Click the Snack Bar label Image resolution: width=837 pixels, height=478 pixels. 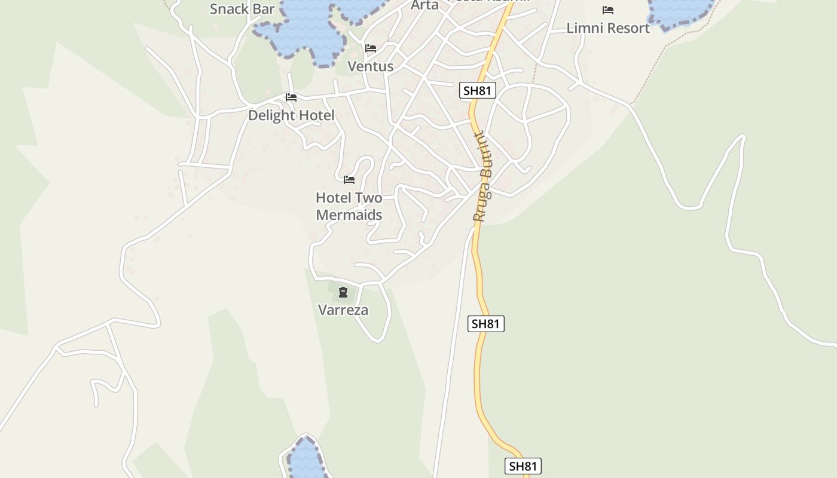(x=242, y=8)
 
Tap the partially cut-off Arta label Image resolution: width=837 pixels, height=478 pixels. (x=424, y=5)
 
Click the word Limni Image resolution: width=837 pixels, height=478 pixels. (x=586, y=28)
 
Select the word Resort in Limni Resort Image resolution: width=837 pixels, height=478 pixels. (x=627, y=28)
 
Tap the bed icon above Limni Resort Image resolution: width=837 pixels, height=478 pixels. (x=608, y=10)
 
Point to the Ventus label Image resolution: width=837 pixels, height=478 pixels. (x=371, y=66)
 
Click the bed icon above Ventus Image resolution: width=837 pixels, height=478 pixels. (x=371, y=48)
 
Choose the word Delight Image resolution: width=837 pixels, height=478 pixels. (x=272, y=115)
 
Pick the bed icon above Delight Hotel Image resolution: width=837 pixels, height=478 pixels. (x=291, y=97)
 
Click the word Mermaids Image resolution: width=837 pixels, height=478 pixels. (x=349, y=215)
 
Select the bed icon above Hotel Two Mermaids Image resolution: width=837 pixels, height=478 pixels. (x=349, y=180)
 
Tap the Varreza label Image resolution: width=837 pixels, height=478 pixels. (x=343, y=310)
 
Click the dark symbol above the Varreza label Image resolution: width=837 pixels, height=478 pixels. (x=343, y=292)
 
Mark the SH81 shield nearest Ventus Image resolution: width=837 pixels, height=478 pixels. (x=477, y=91)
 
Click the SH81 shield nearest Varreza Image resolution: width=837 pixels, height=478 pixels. (x=485, y=324)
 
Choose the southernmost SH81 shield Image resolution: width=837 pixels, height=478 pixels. (x=523, y=466)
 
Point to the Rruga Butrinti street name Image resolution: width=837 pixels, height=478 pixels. (x=482, y=177)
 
